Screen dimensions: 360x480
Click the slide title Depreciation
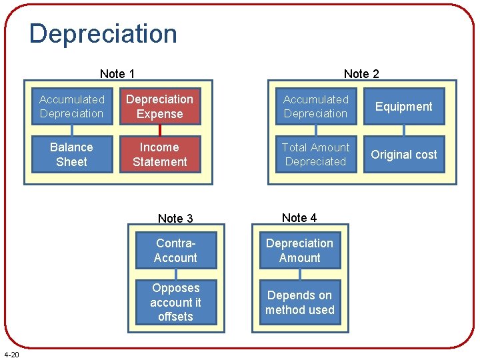click(x=103, y=34)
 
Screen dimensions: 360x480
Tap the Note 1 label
click(x=117, y=74)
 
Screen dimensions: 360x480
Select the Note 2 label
click(x=361, y=74)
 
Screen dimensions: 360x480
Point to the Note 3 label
click(x=175, y=219)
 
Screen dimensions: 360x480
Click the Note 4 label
click(x=299, y=218)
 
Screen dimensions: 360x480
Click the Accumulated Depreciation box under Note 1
click(x=71, y=107)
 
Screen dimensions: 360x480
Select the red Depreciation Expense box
click(x=160, y=107)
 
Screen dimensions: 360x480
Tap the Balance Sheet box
click(x=71, y=155)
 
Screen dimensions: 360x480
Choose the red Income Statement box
click(x=160, y=155)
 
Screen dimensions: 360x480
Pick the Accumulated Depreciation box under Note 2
click(x=315, y=107)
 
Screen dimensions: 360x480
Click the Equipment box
click(x=403, y=107)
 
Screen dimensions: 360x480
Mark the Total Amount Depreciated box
click(x=315, y=155)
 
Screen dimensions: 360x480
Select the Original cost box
click(x=403, y=155)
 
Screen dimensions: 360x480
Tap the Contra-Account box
click(x=175, y=251)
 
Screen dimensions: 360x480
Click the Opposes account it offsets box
click(x=175, y=303)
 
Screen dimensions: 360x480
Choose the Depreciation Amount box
click(x=299, y=251)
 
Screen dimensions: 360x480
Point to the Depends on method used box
click(x=299, y=303)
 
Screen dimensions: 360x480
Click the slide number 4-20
click(x=11, y=354)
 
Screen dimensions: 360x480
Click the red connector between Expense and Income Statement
click(x=160, y=131)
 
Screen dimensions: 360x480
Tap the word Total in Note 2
click(x=295, y=147)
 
